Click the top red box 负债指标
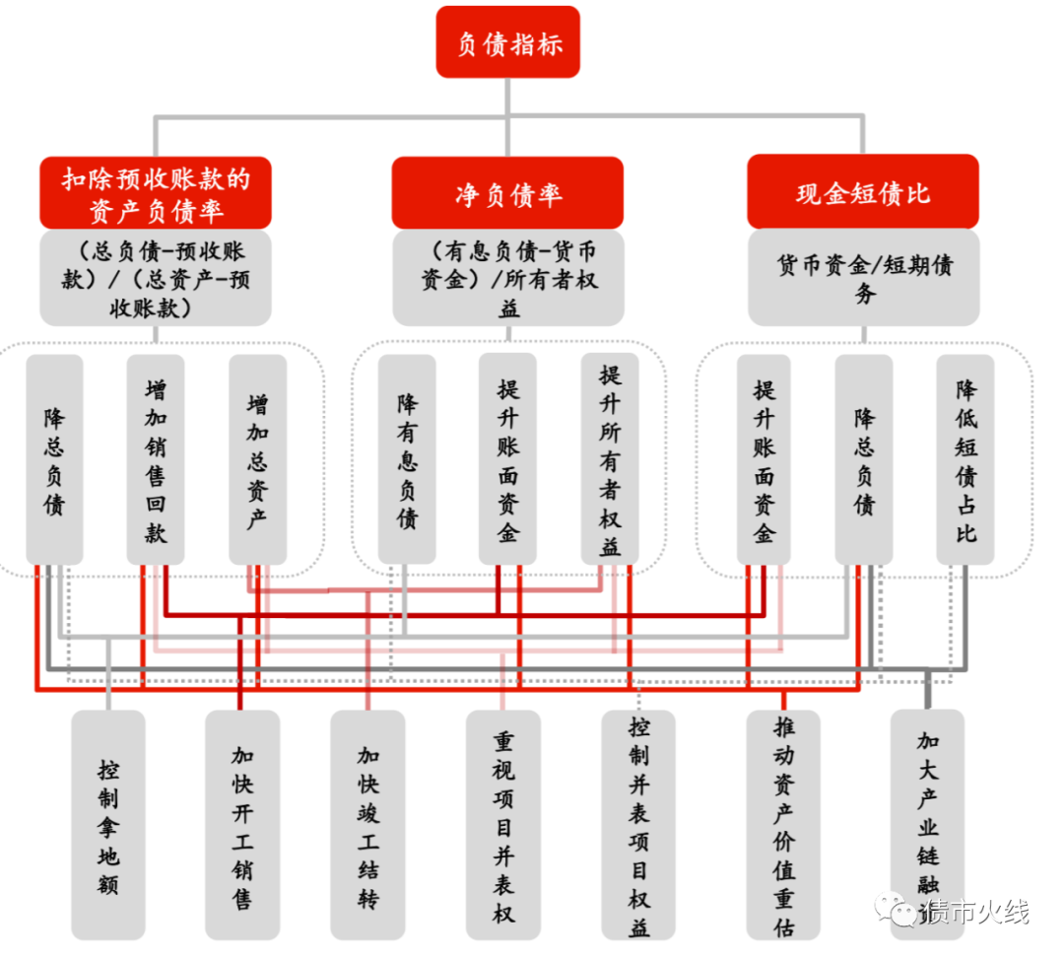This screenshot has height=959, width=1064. (507, 42)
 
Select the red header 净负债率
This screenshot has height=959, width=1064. (507, 193)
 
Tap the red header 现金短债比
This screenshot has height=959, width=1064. (862, 191)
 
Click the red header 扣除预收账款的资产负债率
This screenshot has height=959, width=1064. (156, 193)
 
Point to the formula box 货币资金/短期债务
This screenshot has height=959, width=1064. (863, 277)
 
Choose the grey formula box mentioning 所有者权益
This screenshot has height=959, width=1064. (507, 277)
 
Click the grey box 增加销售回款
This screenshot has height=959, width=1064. (156, 460)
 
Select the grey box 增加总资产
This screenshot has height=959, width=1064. (257, 460)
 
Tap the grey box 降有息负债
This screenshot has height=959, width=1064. (406, 460)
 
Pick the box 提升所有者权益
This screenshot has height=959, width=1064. (610, 460)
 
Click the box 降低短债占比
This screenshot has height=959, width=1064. (964, 460)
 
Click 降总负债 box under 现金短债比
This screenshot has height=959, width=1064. (864, 460)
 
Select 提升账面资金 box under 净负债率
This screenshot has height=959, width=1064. (507, 460)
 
